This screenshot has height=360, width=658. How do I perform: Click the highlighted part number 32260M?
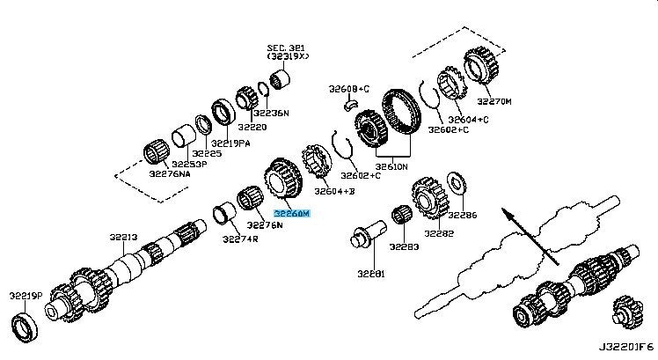coord(292,213)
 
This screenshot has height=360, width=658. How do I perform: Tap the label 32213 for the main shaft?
coord(124,237)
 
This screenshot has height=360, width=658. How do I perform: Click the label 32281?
coord(372,274)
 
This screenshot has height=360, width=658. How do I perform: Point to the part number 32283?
coord(406,247)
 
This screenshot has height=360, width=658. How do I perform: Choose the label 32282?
coord(439,234)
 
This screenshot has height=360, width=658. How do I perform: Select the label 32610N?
coord(391,165)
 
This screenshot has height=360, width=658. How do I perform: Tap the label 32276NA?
coord(170,174)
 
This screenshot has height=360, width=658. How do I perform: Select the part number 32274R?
coord(239,239)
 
